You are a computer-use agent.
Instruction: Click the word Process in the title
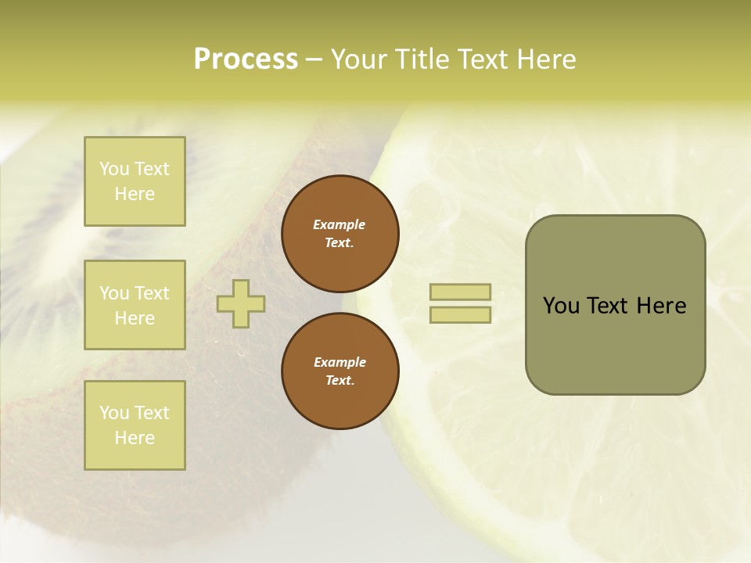tap(246, 59)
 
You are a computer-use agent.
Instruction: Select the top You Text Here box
tap(135, 181)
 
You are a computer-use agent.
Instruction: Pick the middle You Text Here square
tap(135, 305)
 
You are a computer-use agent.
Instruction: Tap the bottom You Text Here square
tap(135, 425)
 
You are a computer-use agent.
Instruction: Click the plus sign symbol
tap(241, 303)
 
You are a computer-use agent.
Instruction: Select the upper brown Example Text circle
tap(340, 234)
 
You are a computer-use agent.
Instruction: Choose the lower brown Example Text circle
tap(340, 371)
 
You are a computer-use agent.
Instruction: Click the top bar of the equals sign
tap(460, 292)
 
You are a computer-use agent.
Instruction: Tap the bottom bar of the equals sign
tap(460, 315)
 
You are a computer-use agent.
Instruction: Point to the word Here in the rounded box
tap(661, 306)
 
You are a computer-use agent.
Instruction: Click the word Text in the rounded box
tap(609, 306)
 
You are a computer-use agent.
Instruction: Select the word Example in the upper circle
tap(340, 224)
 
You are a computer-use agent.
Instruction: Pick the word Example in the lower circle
tap(340, 362)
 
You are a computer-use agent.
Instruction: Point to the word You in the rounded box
tap(561, 306)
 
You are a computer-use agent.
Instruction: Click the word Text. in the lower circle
tap(340, 381)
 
